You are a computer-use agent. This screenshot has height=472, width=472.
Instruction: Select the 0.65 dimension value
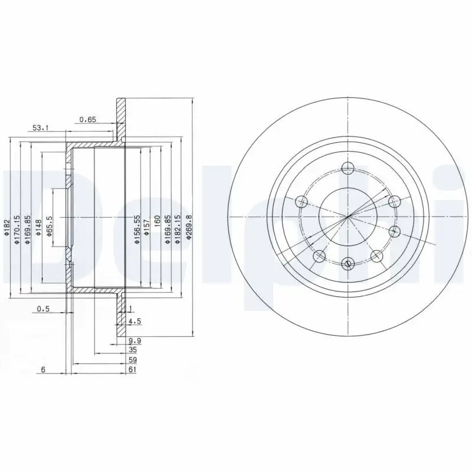pos(87,119)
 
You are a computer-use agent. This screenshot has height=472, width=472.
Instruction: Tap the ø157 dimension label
pos(147,227)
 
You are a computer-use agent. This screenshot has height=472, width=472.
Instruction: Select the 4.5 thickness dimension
pos(134,322)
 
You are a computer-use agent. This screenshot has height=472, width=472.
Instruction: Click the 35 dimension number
pos(132,349)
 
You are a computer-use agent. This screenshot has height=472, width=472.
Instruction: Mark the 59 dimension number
pos(132,359)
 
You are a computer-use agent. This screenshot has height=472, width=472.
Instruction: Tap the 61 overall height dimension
pos(132,369)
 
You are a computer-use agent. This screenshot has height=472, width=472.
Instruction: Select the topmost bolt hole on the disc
pos(348,168)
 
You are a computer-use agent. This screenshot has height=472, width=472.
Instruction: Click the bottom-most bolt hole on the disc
pos(348,263)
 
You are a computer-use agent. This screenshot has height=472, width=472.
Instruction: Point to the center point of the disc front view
pos(348,216)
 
